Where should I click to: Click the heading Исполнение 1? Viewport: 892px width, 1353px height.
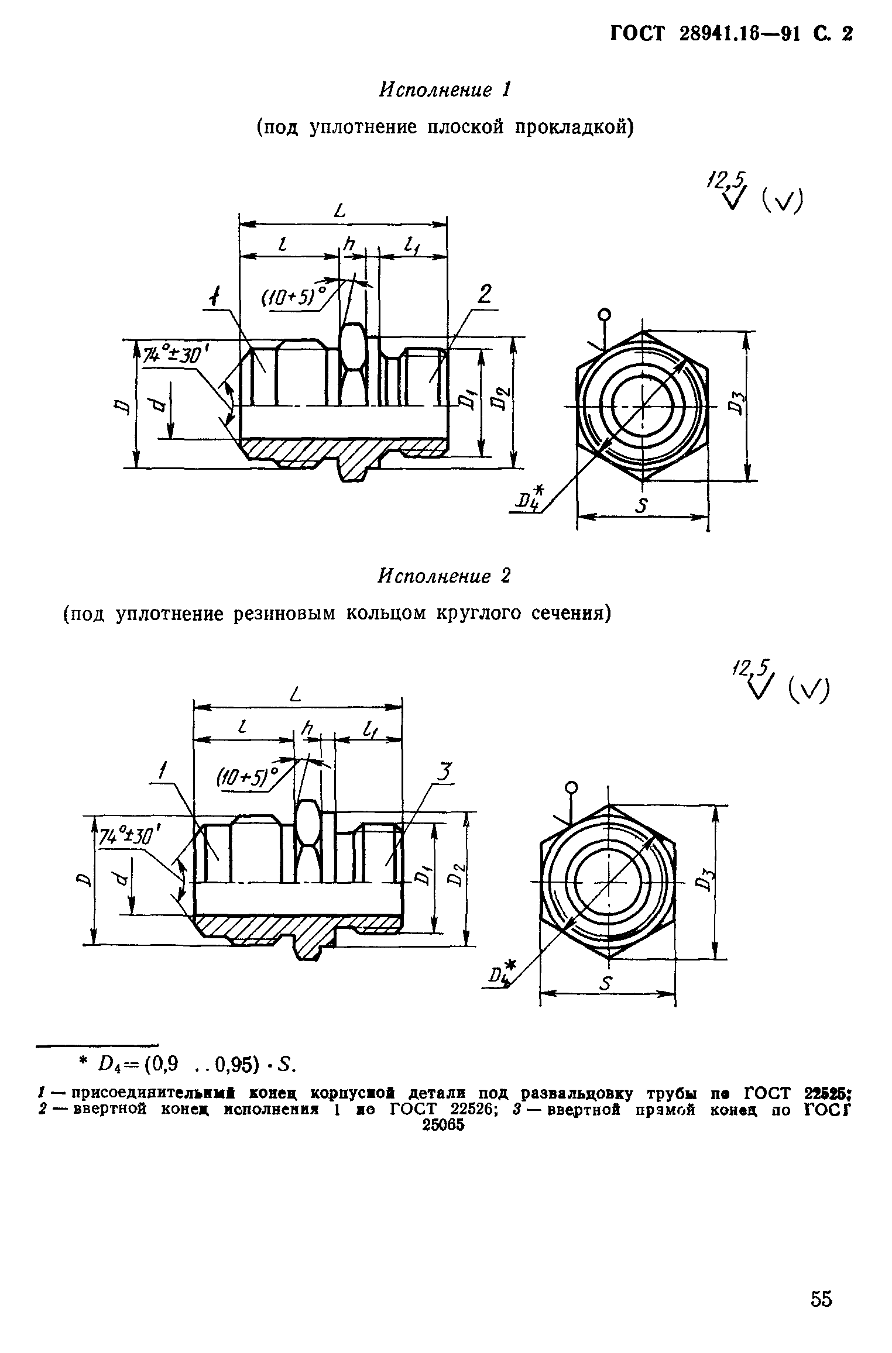pos(445,90)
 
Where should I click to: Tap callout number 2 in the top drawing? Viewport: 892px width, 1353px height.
pos(484,294)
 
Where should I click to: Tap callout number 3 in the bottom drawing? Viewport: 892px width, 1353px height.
pos(445,773)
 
